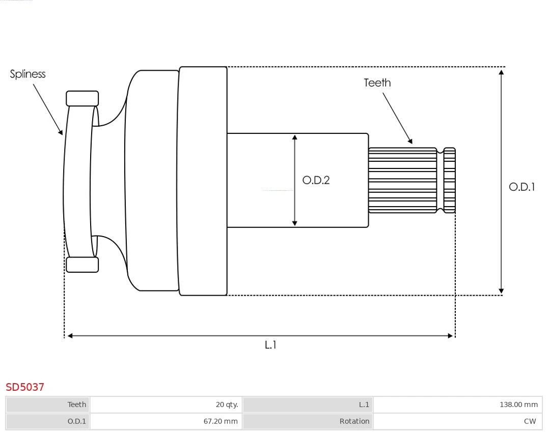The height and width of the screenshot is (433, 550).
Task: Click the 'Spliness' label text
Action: pos(28,74)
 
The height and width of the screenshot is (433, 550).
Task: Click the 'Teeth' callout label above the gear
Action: pos(377,83)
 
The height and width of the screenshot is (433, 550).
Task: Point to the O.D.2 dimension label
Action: pos(316,180)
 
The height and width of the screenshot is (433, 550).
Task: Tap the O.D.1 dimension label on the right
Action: pos(521,187)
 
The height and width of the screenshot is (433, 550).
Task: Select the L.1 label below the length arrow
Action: pos(270,345)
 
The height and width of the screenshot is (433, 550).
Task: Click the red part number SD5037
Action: pos(25,387)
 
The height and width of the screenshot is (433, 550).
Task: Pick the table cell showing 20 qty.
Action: pos(166,405)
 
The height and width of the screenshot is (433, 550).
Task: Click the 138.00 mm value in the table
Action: pos(457,405)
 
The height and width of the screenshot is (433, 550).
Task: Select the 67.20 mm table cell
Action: pos(166,421)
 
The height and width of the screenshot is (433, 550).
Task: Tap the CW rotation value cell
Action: pos(457,421)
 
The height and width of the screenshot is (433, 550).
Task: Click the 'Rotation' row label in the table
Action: pos(308,421)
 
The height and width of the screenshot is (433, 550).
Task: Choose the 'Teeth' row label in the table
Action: pos(48,405)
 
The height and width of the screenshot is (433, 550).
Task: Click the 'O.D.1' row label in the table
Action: pos(48,421)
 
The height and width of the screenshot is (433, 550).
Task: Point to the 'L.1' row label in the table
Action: pos(308,405)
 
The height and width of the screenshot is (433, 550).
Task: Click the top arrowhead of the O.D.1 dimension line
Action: pos(502,72)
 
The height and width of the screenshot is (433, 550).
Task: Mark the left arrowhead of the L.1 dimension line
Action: pos(70,336)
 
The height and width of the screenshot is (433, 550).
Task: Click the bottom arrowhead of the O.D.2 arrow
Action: pos(294,223)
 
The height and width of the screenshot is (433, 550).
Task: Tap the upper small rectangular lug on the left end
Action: pos(82,99)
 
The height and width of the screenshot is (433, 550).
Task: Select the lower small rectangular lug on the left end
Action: pos(82,265)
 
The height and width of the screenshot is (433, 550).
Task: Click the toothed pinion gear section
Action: pos(402,180)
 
